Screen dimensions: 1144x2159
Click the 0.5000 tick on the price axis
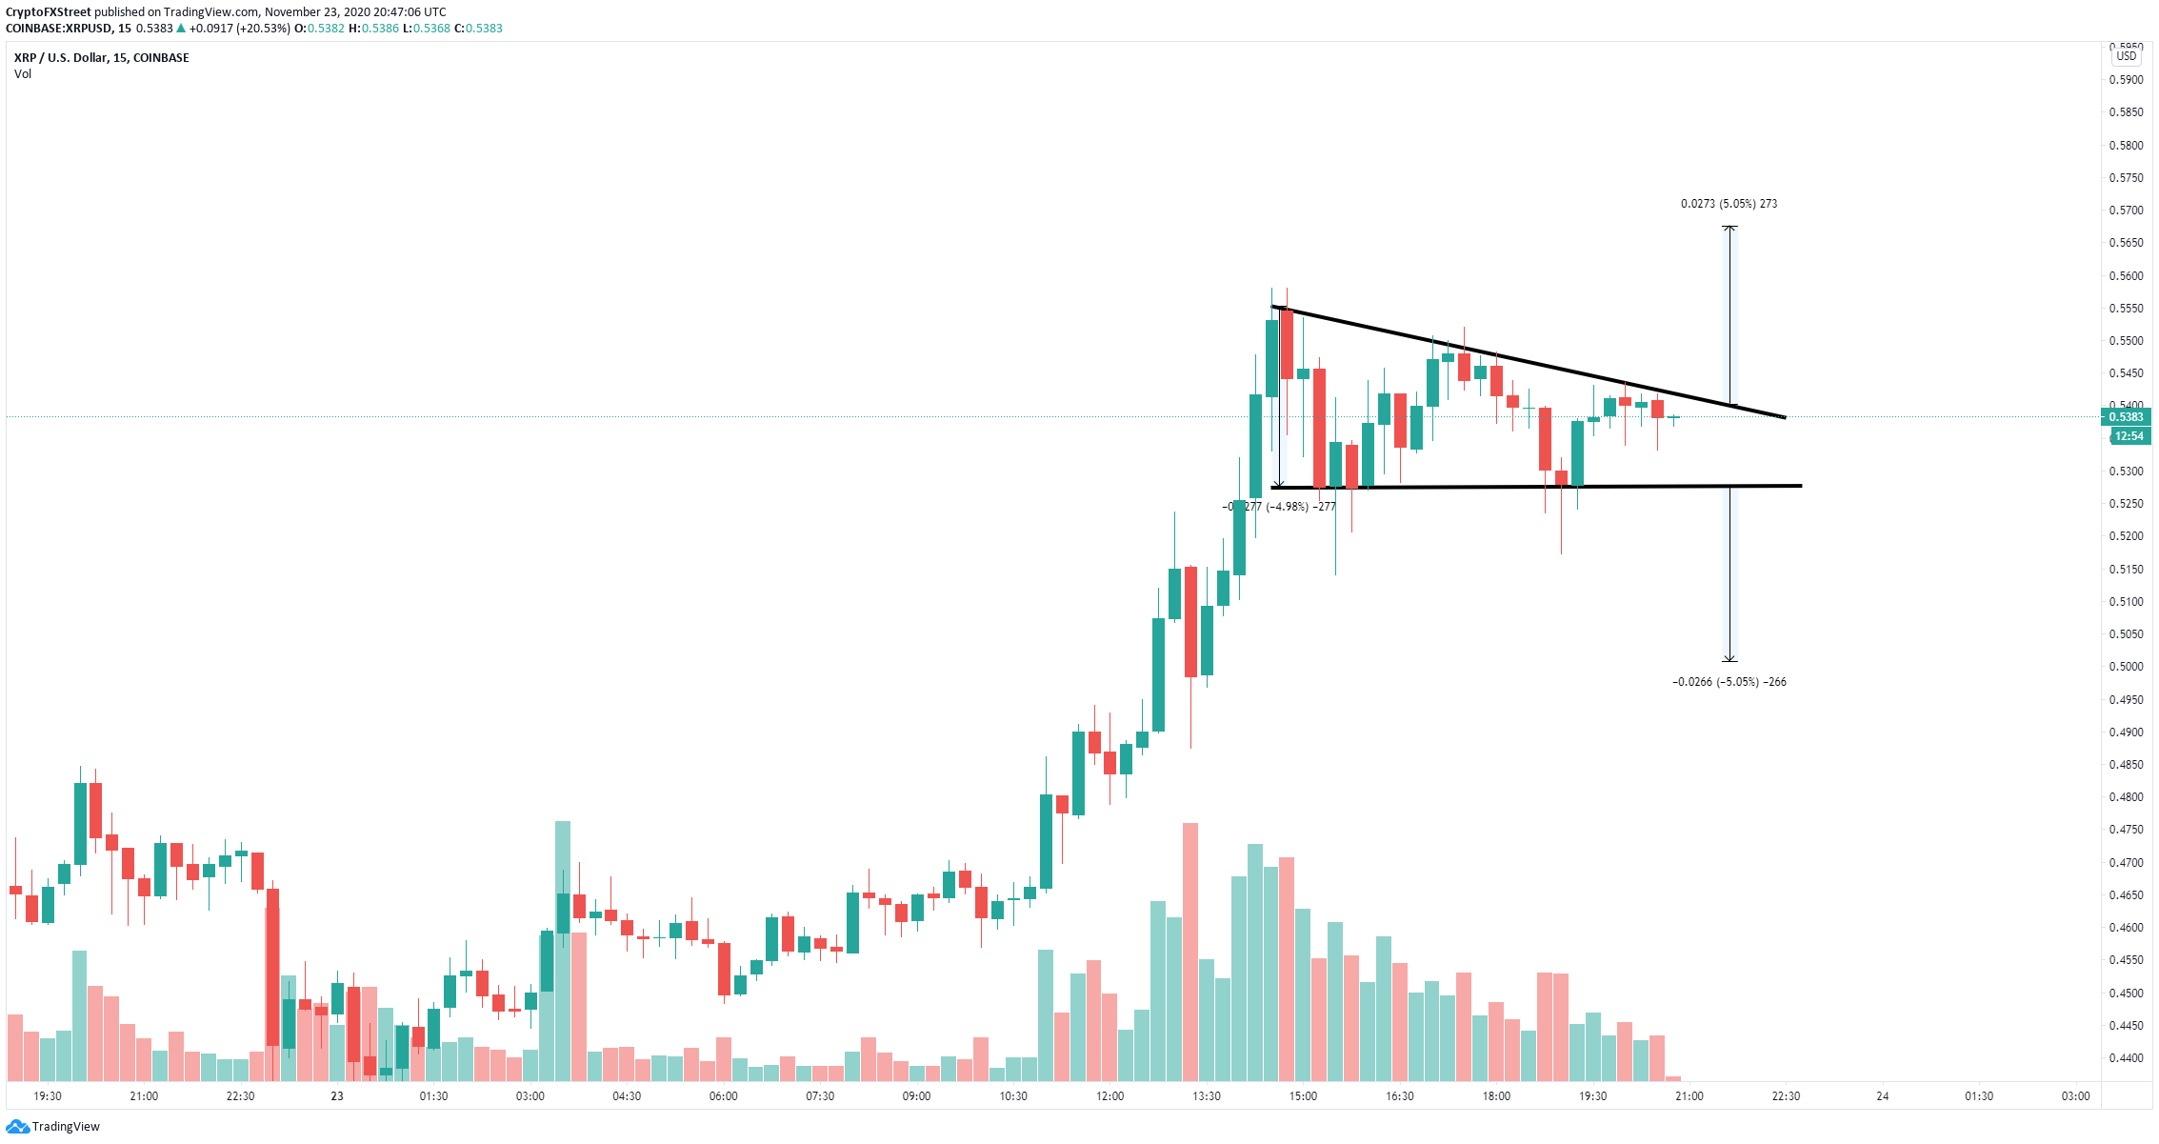click(x=2126, y=667)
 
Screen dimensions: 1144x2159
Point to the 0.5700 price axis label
click(x=2126, y=211)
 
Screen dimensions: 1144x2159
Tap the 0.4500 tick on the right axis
click(x=2126, y=993)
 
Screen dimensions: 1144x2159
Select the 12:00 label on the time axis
click(x=1109, y=1096)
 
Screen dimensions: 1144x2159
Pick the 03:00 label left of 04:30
click(x=530, y=1096)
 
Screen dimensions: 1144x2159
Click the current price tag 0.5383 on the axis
click(x=2126, y=417)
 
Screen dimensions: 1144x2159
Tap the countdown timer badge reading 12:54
click(x=2129, y=436)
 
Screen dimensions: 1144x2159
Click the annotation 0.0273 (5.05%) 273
click(x=1729, y=204)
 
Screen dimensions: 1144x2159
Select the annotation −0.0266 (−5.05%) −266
click(x=1729, y=682)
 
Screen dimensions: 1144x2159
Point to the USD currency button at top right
click(x=2127, y=56)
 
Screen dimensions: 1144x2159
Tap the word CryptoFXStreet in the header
click(x=48, y=12)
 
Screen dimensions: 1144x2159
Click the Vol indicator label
click(x=23, y=74)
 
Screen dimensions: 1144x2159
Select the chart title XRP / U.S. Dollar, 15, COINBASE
click(x=102, y=58)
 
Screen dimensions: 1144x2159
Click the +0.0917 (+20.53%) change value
click(x=238, y=29)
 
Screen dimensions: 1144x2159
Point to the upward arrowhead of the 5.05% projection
click(x=1729, y=229)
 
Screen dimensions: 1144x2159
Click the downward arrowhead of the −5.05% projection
click(x=1729, y=659)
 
